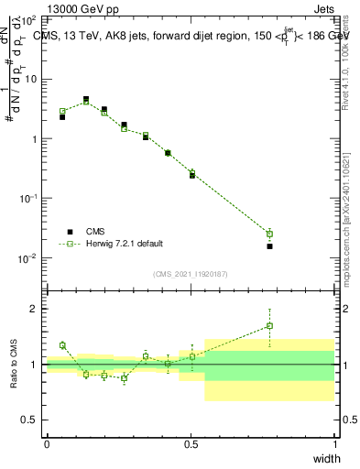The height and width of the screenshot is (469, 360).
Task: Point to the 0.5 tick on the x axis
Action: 191,444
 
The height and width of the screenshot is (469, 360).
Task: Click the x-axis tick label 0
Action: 47,444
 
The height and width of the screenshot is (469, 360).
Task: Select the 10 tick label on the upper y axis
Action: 30,79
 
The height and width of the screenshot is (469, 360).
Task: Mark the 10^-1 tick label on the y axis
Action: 29,199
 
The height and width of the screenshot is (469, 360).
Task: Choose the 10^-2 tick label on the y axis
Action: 29,258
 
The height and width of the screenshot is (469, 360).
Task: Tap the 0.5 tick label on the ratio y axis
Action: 32,420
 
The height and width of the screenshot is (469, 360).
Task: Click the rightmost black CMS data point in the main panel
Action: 269,246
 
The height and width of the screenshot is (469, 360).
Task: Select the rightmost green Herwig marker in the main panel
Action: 269,234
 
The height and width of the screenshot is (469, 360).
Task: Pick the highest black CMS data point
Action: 86,99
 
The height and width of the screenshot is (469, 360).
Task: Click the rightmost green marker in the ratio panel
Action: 269,325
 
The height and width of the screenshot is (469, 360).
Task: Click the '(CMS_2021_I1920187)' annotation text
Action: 190,273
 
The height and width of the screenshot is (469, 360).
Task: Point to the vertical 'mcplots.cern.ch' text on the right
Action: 345,230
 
